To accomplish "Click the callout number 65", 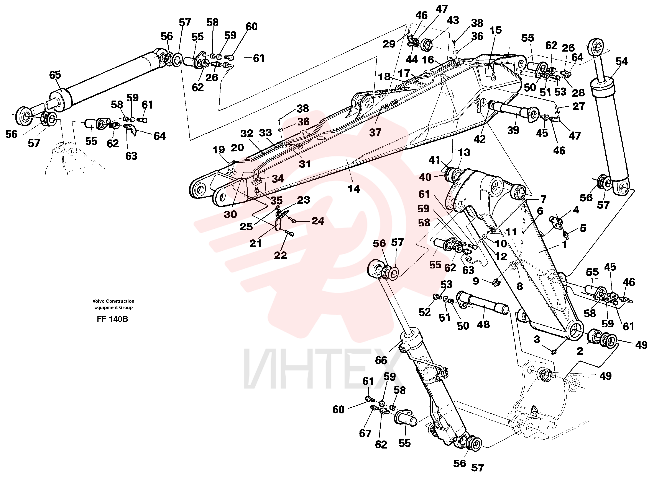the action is click(55, 75).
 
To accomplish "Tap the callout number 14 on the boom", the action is click(354, 189).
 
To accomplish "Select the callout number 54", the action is click(622, 61).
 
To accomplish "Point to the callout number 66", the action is click(381, 360).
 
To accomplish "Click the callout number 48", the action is click(483, 325).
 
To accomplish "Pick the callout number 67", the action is click(365, 433).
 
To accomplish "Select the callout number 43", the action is click(453, 20).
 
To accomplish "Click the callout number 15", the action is click(495, 30).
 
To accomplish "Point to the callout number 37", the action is click(375, 133).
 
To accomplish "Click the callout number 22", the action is click(280, 255).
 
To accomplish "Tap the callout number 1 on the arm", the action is click(565, 244).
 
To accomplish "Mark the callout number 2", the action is click(580, 351).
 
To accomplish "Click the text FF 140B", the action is click(112, 319).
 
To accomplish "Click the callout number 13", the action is click(464, 153).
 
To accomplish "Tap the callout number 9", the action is click(476, 281).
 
